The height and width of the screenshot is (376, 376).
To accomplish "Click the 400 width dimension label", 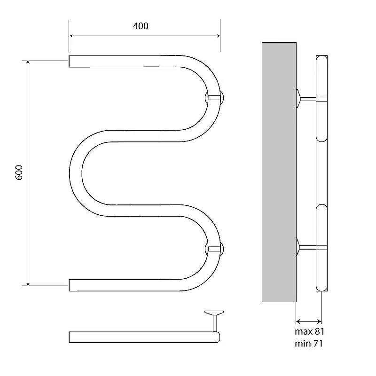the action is (141, 26).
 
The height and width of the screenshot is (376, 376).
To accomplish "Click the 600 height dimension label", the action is (19, 172).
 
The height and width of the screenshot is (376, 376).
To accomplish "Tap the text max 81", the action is (309, 331).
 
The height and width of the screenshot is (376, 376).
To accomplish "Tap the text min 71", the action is (309, 344).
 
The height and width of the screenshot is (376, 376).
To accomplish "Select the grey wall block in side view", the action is (279, 172).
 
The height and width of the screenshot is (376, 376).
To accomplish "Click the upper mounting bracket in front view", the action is (214, 97).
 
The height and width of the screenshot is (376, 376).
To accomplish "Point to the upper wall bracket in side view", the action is (306, 98).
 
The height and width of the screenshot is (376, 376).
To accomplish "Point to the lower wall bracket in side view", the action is (306, 247).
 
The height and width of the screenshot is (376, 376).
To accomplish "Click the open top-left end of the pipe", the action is (69, 62).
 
